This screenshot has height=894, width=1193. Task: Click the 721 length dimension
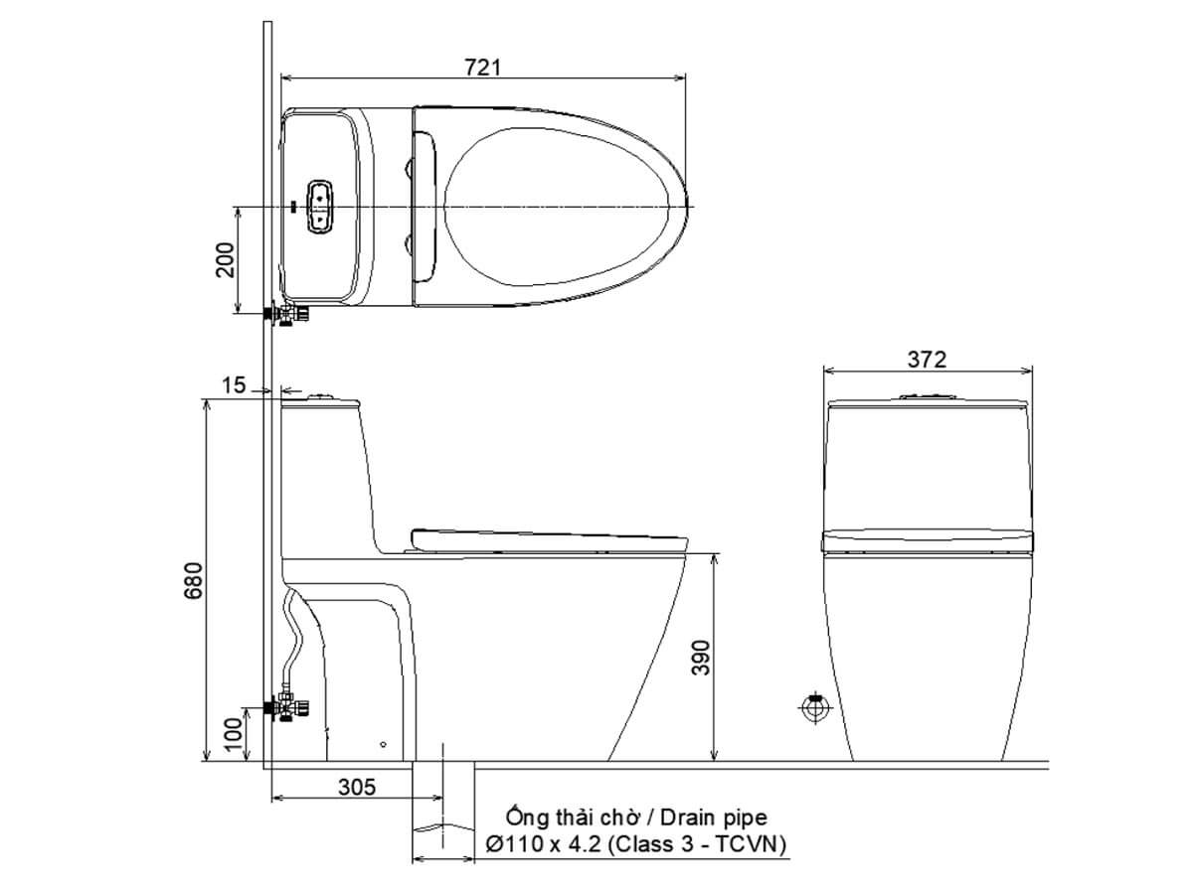482,68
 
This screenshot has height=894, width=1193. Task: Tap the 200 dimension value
225,260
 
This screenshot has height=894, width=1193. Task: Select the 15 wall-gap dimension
234,385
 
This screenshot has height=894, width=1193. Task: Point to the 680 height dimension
193,581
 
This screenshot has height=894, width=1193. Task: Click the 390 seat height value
701,658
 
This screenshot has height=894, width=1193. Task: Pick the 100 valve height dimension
233,734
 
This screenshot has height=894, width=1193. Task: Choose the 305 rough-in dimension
357,787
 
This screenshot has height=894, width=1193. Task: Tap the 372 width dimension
927,360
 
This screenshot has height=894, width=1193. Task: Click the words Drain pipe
714,817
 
